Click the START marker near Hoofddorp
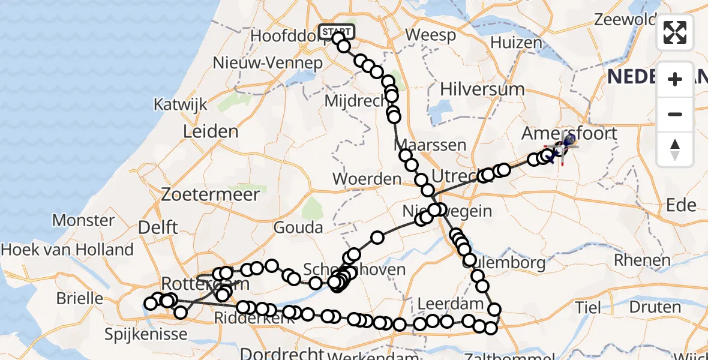click(337, 31)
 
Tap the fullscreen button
click(675, 32)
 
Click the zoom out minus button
click(675, 114)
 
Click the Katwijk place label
click(180, 104)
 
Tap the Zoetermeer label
click(211, 194)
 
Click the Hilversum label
click(482, 89)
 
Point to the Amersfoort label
click(569, 133)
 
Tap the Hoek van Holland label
click(67, 249)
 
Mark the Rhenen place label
click(642, 260)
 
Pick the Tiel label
click(587, 308)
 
